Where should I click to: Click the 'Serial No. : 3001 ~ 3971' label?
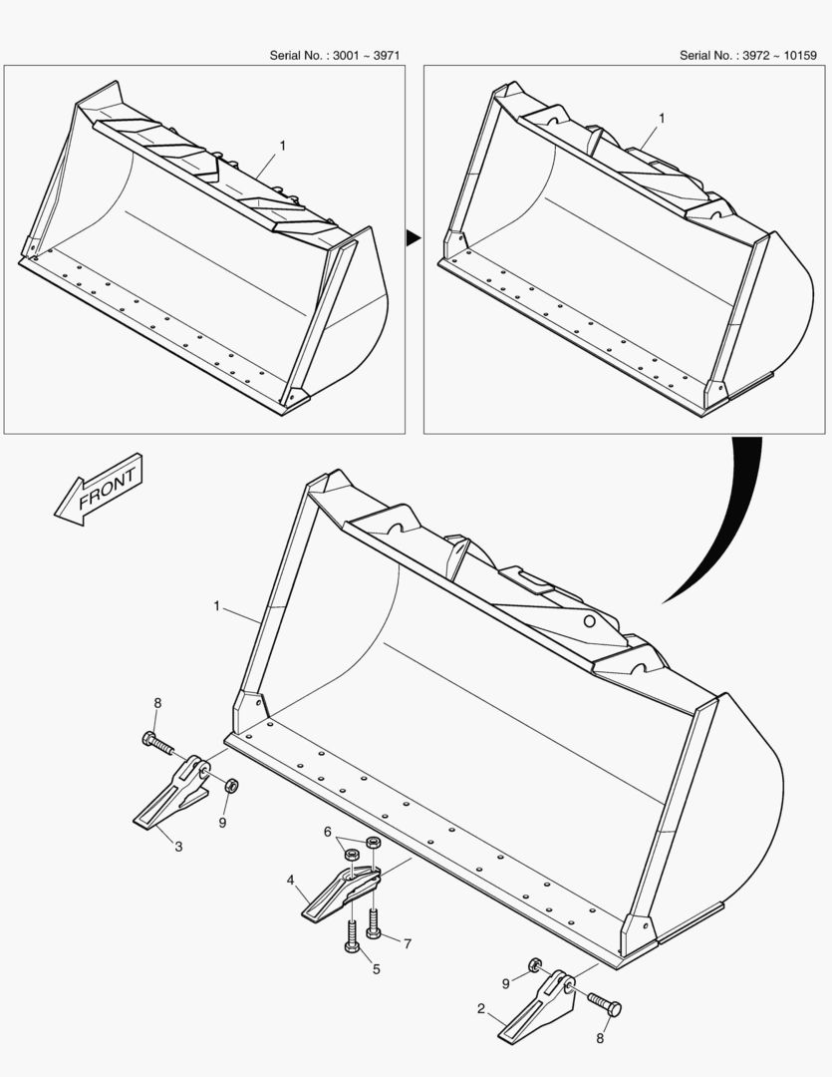click(x=335, y=55)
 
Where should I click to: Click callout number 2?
click(x=481, y=1009)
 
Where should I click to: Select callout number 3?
click(x=178, y=847)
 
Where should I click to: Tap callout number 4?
click(x=290, y=881)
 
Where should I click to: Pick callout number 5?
click(x=376, y=968)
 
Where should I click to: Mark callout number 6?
click(x=326, y=831)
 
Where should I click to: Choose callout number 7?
click(x=407, y=942)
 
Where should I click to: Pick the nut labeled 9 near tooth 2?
click(x=535, y=964)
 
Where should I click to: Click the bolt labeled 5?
click(x=352, y=936)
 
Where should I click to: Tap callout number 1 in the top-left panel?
click(x=283, y=146)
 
